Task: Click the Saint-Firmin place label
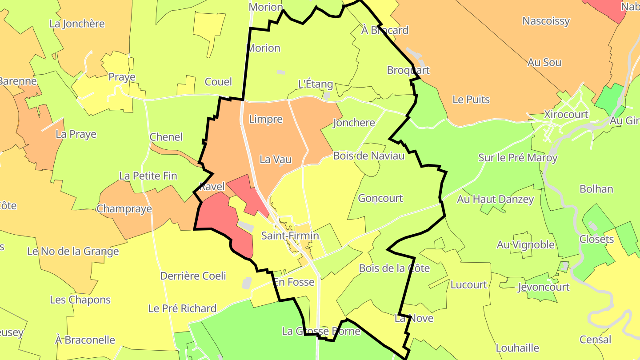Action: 290,236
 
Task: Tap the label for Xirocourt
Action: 566,114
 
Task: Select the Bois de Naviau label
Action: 369,156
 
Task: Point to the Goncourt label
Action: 380,198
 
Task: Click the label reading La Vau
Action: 276,159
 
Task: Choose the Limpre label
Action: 266,119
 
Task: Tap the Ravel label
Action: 212,187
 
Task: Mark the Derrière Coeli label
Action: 193,276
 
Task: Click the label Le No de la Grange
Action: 73,251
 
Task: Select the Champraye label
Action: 124,208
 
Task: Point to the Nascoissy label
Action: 546,21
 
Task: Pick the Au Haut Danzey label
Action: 495,199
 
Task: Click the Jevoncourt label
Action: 543,287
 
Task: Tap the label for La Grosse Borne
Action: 321,331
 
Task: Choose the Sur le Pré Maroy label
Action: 517,157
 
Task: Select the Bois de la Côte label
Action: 394,268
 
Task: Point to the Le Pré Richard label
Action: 182,308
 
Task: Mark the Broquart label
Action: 408,70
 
